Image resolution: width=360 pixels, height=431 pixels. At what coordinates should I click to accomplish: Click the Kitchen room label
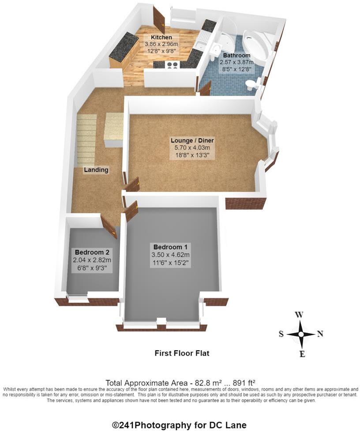[161, 37]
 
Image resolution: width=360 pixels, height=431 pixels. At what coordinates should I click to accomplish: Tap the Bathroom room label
[236, 56]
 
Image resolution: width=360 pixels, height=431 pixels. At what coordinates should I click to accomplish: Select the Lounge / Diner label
[192, 141]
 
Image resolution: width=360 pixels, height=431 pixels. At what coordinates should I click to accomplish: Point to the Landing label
[96, 170]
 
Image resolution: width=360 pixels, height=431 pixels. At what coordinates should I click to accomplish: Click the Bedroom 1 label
[170, 247]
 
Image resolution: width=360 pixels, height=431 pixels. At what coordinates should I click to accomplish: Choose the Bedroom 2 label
[92, 252]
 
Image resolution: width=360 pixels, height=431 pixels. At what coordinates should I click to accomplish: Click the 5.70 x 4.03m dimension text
[192, 149]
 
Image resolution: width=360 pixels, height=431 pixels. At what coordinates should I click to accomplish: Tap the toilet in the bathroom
[253, 84]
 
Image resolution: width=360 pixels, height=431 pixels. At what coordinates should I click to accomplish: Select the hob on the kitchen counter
[172, 64]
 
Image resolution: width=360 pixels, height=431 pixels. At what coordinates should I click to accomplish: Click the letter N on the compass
[320, 334]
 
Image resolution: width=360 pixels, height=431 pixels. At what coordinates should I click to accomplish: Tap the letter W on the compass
[299, 315]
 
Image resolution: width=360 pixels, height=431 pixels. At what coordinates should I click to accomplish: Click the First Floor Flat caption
[181, 353]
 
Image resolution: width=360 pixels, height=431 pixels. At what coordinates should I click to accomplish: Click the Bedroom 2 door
[109, 227]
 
